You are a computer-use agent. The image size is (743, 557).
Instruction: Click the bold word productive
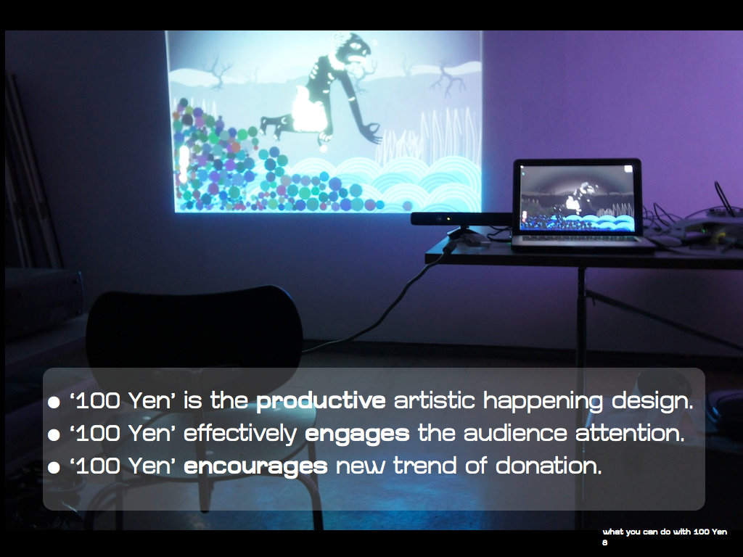tap(321, 401)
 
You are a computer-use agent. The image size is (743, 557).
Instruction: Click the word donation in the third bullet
tap(549, 466)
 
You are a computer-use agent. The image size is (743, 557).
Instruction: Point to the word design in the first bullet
tap(652, 401)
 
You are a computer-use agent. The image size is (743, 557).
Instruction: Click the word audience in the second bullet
tap(515, 434)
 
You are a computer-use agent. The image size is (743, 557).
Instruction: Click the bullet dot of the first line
tap(54, 403)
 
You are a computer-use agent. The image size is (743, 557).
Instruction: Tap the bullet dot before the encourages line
tap(54, 468)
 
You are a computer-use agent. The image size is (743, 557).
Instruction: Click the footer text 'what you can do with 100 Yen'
tap(665, 532)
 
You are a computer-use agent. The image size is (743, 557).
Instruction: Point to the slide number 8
tap(604, 542)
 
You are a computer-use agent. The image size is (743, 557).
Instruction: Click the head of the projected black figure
tap(356, 47)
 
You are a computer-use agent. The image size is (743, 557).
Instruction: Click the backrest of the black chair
tap(194, 327)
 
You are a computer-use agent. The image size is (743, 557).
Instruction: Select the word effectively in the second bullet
tap(239, 434)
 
